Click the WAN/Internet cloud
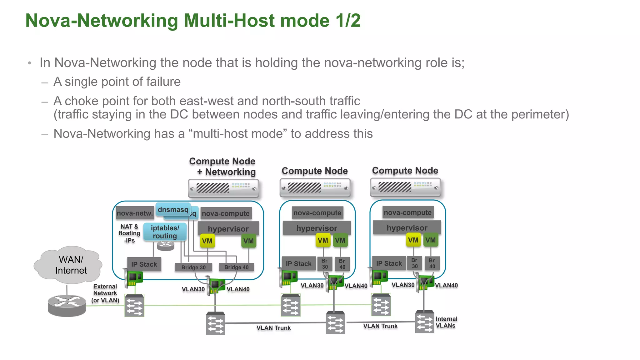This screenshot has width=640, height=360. (69, 265)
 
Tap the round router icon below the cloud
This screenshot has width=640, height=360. (67, 306)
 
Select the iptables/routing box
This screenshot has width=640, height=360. (165, 232)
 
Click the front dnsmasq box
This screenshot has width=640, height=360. (173, 209)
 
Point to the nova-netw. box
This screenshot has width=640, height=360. (135, 213)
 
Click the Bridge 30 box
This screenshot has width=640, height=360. (193, 267)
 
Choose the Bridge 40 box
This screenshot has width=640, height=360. (236, 267)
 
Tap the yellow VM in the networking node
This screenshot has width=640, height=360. (207, 241)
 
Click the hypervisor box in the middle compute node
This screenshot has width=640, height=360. (317, 228)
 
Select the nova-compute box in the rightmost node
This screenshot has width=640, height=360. (407, 212)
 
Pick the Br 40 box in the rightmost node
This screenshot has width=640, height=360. (432, 263)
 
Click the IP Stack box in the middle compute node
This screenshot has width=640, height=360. (298, 264)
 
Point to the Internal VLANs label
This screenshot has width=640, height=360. (446, 322)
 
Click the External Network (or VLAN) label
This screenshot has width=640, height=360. (105, 293)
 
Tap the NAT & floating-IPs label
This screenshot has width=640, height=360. (129, 233)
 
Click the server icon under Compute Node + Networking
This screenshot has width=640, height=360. (223, 188)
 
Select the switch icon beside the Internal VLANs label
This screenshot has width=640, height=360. (424, 322)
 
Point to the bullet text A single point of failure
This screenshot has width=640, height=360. (117, 82)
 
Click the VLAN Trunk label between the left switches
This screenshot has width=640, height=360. (273, 328)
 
